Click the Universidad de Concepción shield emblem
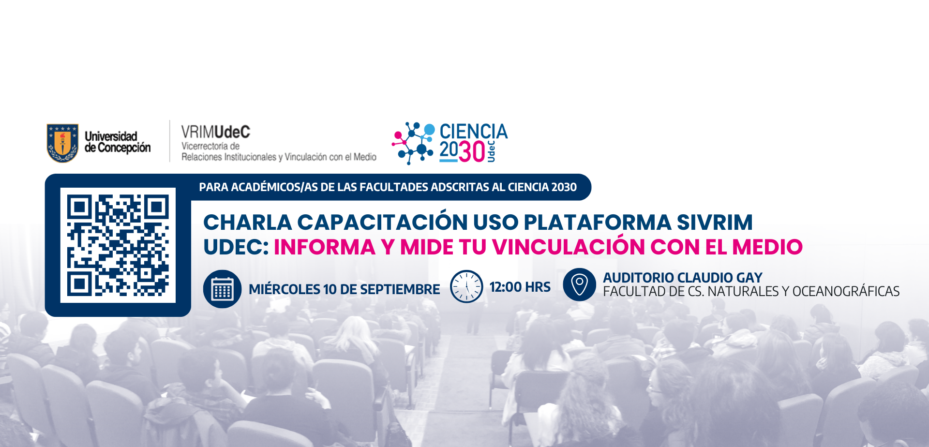click(x=62, y=143)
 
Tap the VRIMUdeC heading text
click(x=216, y=132)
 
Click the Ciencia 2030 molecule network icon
click(x=413, y=143)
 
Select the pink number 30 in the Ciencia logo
click(x=472, y=151)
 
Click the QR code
click(x=118, y=245)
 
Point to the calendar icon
click(x=222, y=289)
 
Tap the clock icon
click(x=466, y=286)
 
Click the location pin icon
click(x=580, y=284)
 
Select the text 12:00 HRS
click(x=520, y=287)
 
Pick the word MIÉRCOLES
click(x=285, y=289)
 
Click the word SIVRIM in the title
click(x=715, y=222)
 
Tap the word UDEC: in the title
click(x=236, y=247)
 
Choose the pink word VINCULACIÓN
click(x=569, y=246)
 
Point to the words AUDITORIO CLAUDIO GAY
click(x=683, y=277)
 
